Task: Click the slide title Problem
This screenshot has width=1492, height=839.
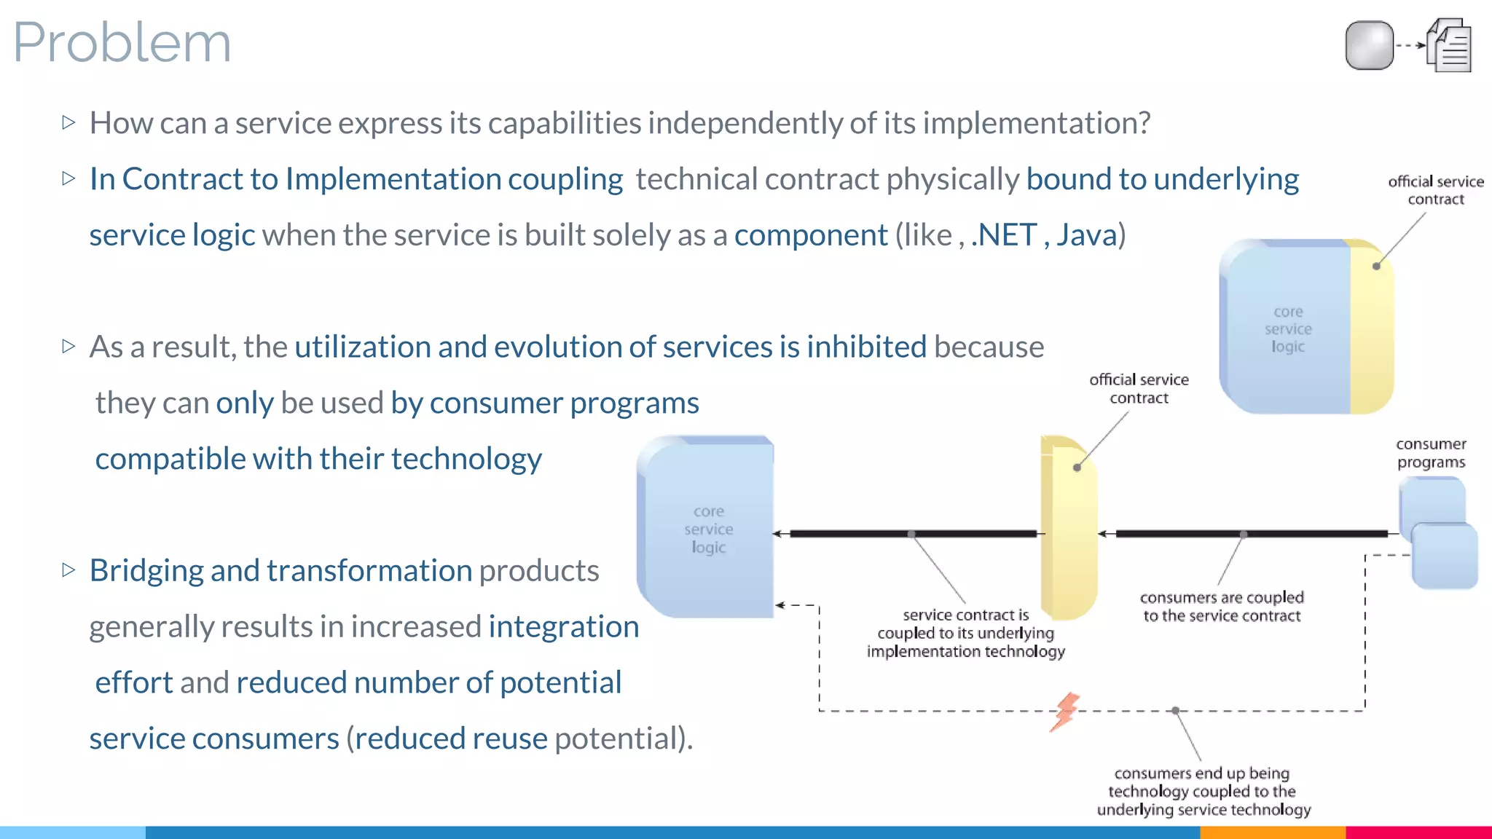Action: [x=122, y=42]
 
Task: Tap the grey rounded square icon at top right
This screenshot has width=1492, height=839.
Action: [x=1369, y=45]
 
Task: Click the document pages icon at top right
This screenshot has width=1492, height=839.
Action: [x=1450, y=46]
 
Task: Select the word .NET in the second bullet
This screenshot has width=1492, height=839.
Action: [x=1004, y=235]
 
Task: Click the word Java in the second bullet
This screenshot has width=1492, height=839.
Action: [x=1086, y=235]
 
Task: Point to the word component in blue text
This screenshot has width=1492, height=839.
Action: [x=811, y=235]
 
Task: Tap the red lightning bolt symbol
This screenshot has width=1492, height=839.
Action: [x=1065, y=712]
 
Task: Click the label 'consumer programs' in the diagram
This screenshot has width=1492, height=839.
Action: [x=1431, y=453]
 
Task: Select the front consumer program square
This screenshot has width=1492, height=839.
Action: [x=1445, y=556]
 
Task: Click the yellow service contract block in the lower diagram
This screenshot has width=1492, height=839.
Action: [x=1068, y=527]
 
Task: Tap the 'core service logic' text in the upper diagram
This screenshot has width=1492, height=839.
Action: [x=1288, y=329]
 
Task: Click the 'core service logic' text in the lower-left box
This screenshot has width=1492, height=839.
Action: [x=709, y=529]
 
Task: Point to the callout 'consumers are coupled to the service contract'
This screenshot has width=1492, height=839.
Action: [x=1222, y=607]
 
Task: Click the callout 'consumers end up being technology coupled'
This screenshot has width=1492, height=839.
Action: [x=1204, y=792]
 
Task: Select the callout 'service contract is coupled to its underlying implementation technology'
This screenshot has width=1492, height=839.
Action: [x=966, y=633]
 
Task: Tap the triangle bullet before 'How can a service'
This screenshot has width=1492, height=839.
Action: [x=69, y=122]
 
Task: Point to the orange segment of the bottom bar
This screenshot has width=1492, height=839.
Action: [x=1272, y=832]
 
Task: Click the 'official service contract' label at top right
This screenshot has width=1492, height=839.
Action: [x=1435, y=190]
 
